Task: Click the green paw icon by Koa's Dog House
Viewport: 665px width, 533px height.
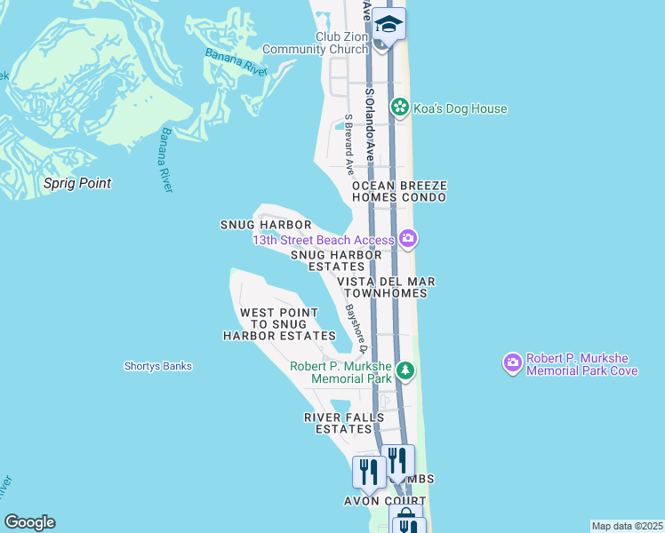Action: click(x=400, y=108)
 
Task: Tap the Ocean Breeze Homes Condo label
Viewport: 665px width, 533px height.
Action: click(x=398, y=191)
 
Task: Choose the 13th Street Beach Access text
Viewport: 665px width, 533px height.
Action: click(x=324, y=240)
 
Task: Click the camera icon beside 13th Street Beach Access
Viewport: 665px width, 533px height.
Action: click(x=408, y=237)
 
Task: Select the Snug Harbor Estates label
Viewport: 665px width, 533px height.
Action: click(x=337, y=260)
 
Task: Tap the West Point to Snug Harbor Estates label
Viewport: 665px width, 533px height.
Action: click(x=279, y=324)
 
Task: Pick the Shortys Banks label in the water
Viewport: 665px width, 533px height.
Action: click(x=158, y=366)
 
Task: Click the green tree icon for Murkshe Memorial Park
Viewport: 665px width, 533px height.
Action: click(x=405, y=370)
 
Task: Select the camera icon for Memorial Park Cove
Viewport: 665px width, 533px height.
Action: click(x=512, y=362)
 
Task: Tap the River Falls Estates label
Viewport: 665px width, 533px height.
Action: click(x=344, y=423)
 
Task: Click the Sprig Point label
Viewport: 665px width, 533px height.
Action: click(x=78, y=183)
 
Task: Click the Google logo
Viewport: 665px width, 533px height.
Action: click(x=29, y=522)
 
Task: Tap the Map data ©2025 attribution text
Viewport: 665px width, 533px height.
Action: click(x=627, y=526)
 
